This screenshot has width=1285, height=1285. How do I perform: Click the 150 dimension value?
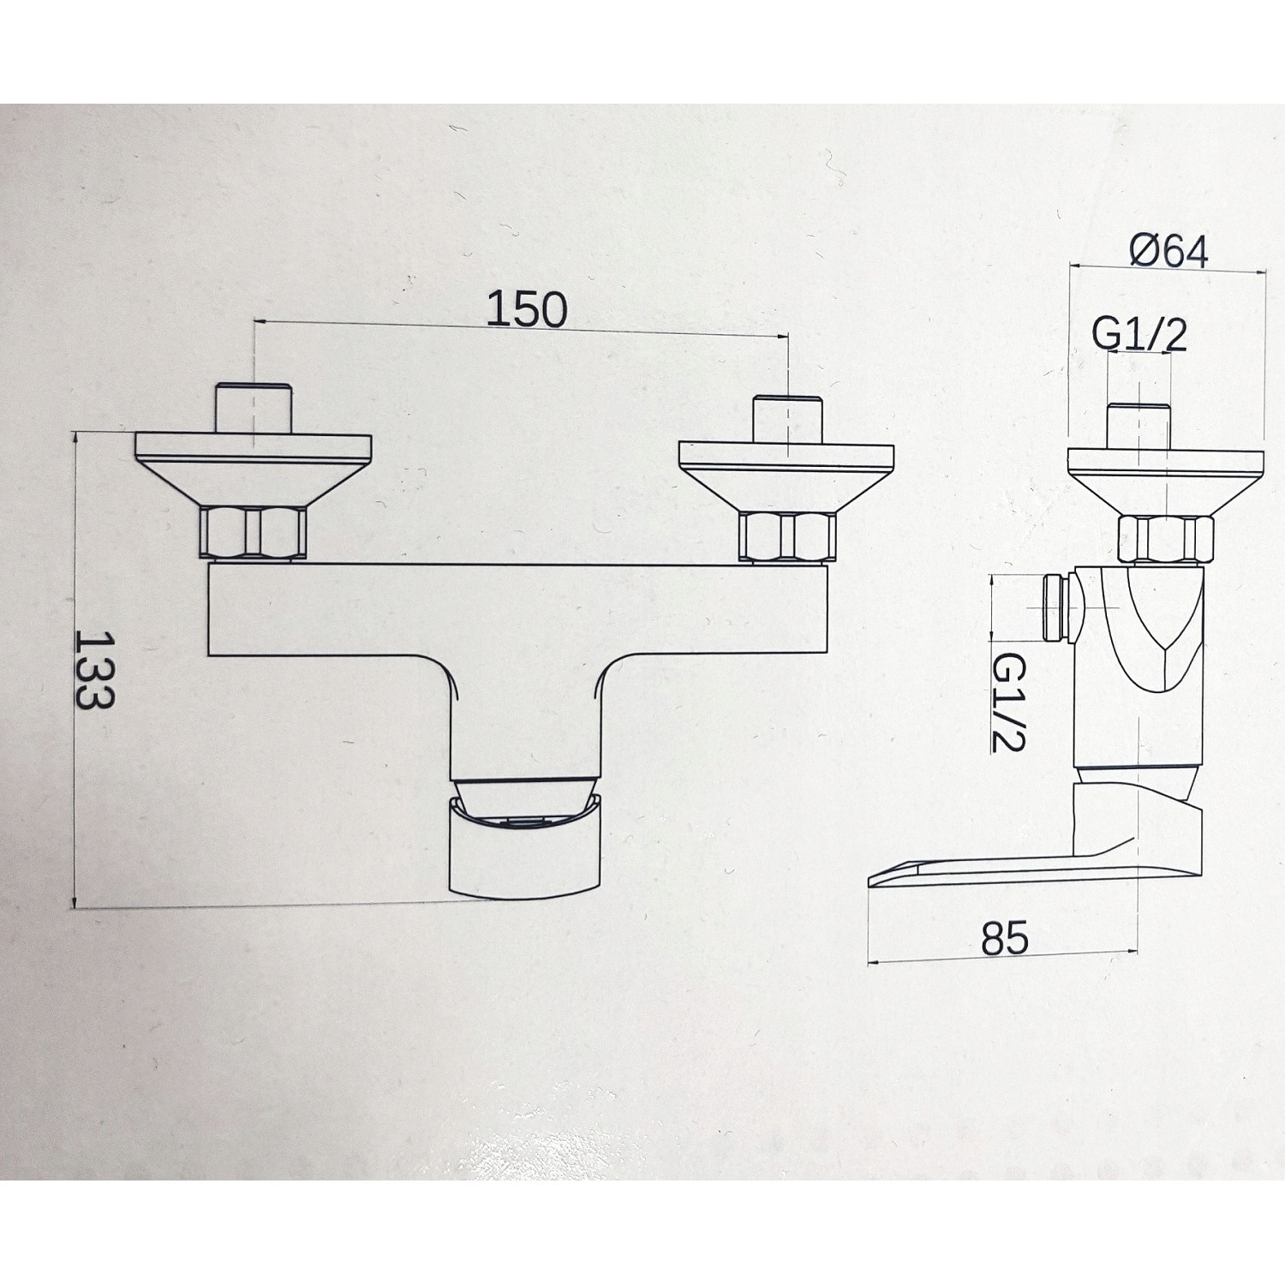pyautogui.click(x=527, y=309)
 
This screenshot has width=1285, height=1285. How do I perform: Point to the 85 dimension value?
pyautogui.click(x=1004, y=939)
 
